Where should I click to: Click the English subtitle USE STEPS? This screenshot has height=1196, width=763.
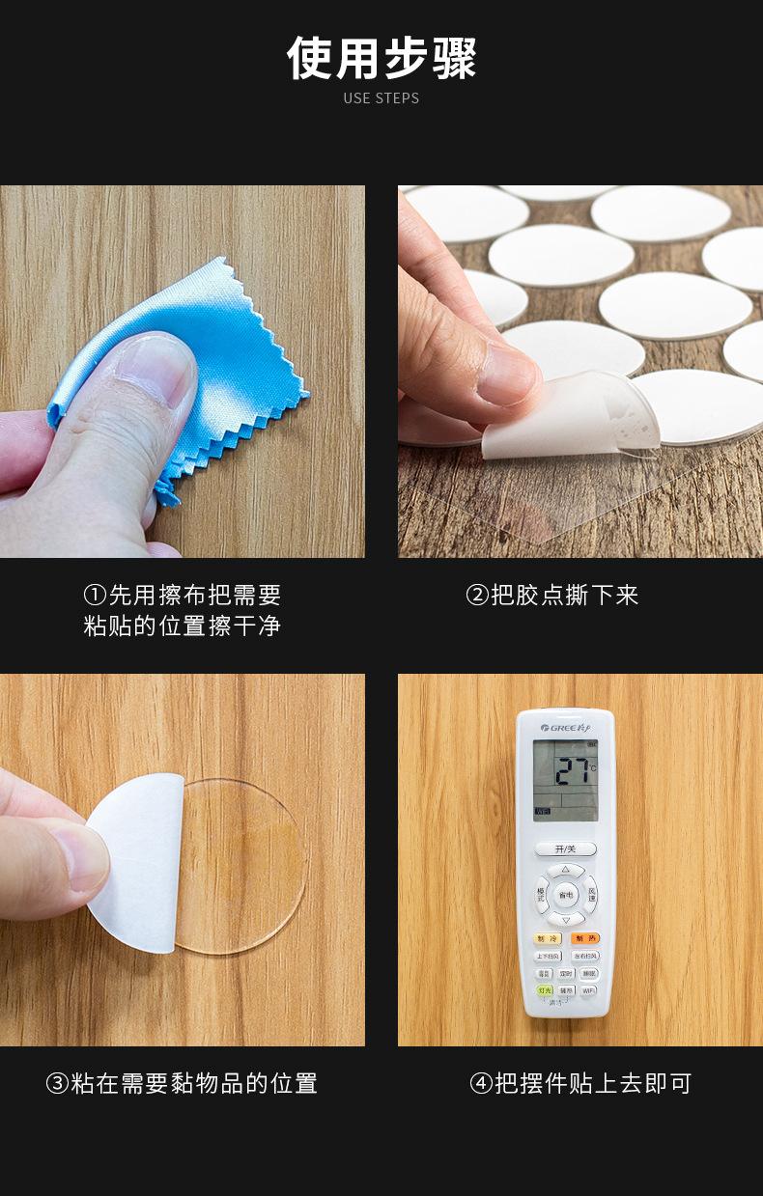381,97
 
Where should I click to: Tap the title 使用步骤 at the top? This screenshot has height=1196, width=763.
381,58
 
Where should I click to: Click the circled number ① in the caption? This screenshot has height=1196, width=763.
94,595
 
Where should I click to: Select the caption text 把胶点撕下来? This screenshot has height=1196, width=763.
565,595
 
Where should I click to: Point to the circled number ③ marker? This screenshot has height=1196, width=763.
57,1083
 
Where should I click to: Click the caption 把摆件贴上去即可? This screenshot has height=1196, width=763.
593,1083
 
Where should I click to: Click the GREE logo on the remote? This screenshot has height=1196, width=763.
565,726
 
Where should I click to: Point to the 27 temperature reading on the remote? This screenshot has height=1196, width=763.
572,769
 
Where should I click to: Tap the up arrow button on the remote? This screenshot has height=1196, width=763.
565,869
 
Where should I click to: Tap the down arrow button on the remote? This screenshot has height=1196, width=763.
565,920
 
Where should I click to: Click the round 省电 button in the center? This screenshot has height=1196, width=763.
565,895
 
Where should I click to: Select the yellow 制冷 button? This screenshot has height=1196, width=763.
547,938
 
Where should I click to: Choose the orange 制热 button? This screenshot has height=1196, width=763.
584,938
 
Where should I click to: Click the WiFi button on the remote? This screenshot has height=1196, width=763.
587,990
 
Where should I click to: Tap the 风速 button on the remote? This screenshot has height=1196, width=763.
591,895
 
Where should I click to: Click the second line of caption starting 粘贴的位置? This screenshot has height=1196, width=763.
182,626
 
